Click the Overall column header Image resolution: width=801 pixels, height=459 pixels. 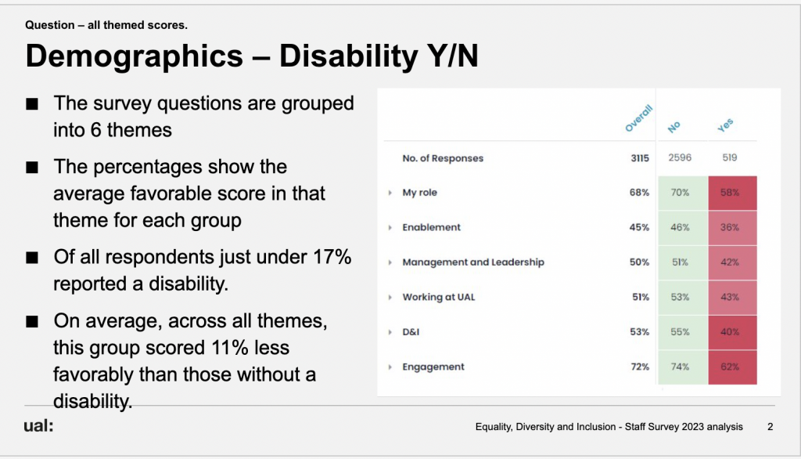638,118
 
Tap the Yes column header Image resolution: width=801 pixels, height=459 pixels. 725,125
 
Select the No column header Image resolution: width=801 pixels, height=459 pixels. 673,127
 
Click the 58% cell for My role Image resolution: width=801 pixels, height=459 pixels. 732,193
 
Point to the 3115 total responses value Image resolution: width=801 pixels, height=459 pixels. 640,158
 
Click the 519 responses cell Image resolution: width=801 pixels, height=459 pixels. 730,157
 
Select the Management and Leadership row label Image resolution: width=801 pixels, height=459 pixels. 473,262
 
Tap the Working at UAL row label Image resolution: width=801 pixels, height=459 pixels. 438,298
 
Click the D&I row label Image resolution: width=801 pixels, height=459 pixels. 411,332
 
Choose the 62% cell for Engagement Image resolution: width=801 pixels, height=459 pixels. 732,367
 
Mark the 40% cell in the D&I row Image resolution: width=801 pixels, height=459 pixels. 732,332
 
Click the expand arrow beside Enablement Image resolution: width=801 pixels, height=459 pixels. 390,228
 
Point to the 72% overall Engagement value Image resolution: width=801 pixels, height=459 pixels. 640,367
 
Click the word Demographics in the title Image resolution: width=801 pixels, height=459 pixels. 134,56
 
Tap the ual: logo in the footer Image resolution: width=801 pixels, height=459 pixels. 38,425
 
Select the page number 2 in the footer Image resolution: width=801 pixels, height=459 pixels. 770,427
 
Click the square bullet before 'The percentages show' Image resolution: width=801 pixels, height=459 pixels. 32,168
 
